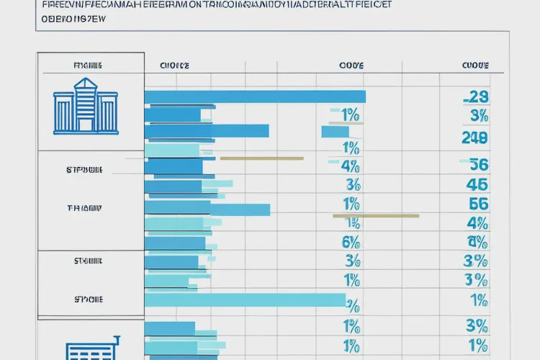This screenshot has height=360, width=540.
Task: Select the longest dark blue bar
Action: [255, 96]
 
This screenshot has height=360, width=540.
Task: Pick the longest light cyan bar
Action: [245, 300]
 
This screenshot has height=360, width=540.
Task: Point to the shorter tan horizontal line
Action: [261, 158]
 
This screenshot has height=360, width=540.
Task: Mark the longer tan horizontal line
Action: [375, 215]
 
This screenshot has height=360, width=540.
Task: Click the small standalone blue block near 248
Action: [335, 132]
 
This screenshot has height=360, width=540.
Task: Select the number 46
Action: [477, 184]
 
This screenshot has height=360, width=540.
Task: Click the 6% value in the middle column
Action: [351, 242]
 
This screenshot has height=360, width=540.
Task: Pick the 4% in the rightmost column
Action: [477, 222]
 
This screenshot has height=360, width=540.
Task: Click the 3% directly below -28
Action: [478, 116]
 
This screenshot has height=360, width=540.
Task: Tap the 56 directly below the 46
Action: [477, 204]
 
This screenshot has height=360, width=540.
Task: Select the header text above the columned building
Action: [87, 66]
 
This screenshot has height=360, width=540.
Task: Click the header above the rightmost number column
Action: [475, 66]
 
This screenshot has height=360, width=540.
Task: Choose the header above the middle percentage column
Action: [351, 66]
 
